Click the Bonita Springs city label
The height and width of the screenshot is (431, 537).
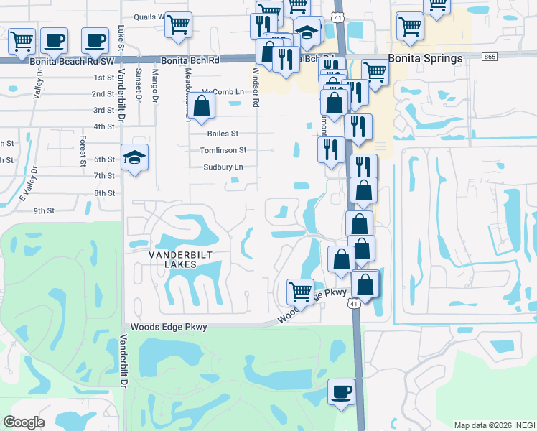pos(425,58)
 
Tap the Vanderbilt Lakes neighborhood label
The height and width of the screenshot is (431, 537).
pos(172,259)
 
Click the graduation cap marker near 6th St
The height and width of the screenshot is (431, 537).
pos(134,158)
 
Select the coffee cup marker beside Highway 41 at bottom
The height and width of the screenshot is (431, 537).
pos(341,392)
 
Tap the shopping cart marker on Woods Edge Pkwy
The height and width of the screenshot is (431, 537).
pos(300,292)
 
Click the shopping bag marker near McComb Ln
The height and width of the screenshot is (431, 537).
pos(203,106)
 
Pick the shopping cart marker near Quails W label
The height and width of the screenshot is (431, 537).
pos(179,25)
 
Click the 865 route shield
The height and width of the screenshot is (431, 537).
pos(490,56)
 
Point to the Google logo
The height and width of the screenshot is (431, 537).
pos(24,422)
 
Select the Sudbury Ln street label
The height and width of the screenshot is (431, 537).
pos(224,167)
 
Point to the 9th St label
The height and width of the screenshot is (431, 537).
pos(44,210)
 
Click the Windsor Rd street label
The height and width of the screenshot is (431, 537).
pos(255,86)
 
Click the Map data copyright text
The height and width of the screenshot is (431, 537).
pos(495,425)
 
